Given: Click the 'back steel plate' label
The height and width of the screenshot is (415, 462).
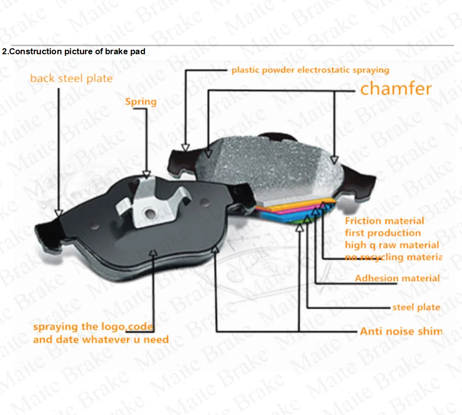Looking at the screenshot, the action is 71,78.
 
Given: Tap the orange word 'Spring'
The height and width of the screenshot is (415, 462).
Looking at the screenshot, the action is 141,101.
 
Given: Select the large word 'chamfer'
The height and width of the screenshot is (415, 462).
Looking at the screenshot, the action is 396,89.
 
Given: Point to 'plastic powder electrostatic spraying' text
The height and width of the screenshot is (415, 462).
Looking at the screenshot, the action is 310,70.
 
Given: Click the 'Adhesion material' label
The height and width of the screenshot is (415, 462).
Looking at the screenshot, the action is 397,278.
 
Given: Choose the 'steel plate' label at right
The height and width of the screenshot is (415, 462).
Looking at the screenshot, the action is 416,307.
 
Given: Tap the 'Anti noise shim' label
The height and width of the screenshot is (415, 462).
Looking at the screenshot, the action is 401,331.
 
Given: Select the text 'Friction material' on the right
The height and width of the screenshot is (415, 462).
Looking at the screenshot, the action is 384,221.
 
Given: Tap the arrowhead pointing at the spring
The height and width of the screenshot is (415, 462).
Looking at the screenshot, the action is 146,175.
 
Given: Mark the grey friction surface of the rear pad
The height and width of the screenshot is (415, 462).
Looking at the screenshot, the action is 271,166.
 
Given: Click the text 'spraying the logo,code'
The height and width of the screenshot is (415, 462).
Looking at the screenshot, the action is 93,327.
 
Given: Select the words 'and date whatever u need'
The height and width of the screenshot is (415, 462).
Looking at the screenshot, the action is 101,340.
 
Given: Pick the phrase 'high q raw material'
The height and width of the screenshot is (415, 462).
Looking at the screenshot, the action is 392,245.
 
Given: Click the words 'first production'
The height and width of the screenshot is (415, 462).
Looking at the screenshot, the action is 383,233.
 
